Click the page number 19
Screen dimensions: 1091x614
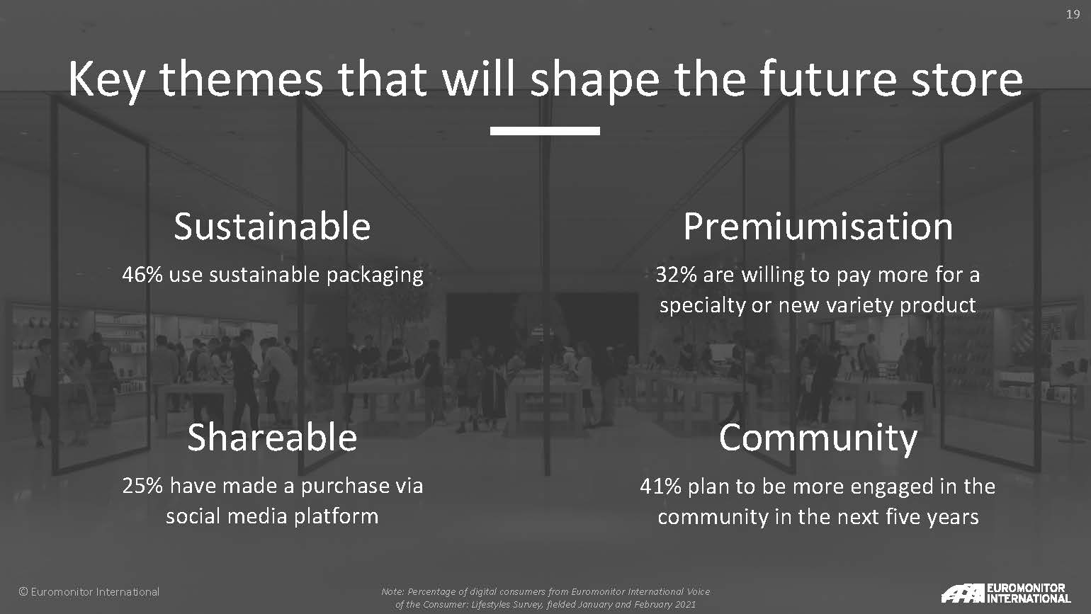click(1073, 14)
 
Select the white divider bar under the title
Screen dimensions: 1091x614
click(545, 130)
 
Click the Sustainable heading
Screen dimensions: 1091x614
click(272, 227)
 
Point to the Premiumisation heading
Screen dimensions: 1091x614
click(818, 227)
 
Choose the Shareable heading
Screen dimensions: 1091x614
click(272, 437)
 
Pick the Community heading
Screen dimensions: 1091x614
click(818, 438)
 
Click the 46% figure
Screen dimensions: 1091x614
click(142, 275)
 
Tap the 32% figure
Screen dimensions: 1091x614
click(676, 275)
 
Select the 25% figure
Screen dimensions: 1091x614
click(142, 486)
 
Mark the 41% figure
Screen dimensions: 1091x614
click(660, 486)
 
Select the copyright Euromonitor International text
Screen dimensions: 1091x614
click(89, 591)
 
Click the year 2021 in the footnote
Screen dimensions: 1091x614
click(685, 604)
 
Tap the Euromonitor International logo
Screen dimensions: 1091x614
click(1006, 593)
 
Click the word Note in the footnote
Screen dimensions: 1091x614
click(392, 591)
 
